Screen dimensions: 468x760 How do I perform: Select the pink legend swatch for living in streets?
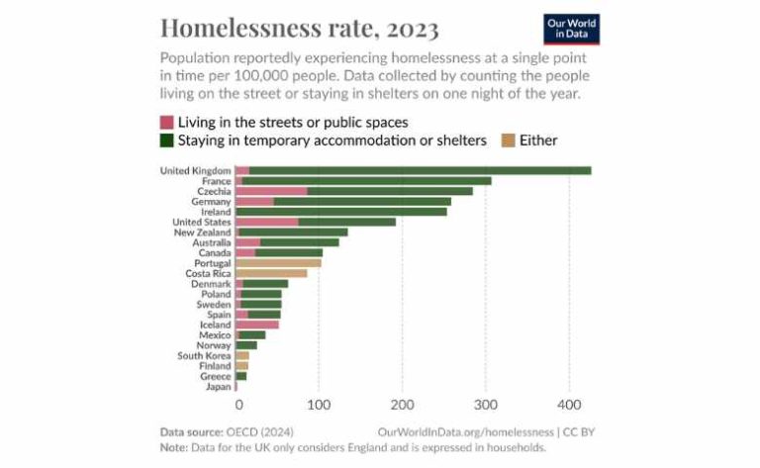pos(166,122)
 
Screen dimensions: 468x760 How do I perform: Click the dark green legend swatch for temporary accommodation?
pos(166,140)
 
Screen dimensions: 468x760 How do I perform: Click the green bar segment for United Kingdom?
pos(420,170)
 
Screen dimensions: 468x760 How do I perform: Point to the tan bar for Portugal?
pos(278,263)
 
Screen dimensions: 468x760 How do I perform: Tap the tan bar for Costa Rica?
pos(271,273)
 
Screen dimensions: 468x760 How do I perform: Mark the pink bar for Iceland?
pos(256,325)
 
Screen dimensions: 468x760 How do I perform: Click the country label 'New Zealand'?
pos(202,233)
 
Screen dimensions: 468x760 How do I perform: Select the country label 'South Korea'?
pos(204,355)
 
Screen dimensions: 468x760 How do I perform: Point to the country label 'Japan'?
pos(218,387)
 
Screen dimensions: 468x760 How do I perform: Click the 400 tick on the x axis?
pos(568,405)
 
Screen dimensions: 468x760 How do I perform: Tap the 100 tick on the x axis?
pos(319,405)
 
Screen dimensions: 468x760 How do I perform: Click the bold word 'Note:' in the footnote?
pos(175,446)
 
